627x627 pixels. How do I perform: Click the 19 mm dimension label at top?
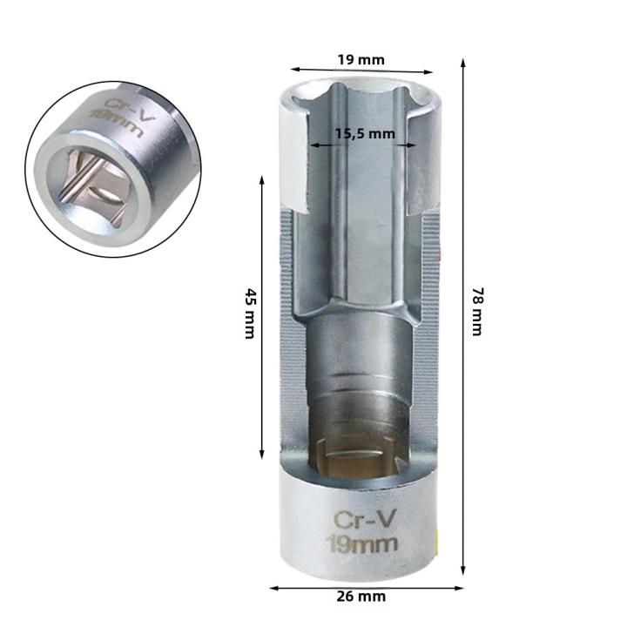(361, 60)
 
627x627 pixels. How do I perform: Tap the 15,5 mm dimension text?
(365, 133)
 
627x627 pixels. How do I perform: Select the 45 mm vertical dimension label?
(250, 313)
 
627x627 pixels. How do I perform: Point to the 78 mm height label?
(477, 312)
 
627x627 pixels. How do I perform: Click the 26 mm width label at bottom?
(361, 597)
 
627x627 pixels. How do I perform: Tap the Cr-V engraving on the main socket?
(365, 521)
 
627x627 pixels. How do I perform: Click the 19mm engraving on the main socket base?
(362, 543)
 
